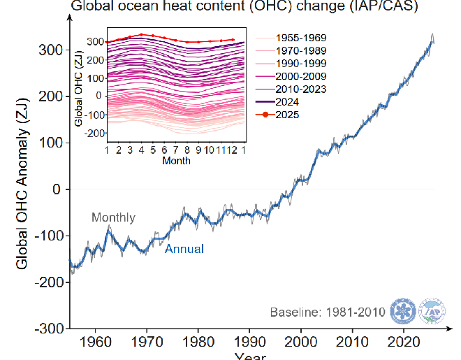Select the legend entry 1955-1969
[301, 37]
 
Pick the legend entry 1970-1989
[301, 50]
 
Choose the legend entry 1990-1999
[301, 63]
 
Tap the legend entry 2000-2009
[301, 75]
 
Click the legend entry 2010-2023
[301, 89]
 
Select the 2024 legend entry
[288, 101]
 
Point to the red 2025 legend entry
[288, 115]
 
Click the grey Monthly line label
[113, 218]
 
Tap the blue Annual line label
[184, 248]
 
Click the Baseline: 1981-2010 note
[328, 312]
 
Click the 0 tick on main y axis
[59, 189]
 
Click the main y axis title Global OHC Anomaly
[22, 189]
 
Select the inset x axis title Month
[176, 160]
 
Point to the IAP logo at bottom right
[433, 311]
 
